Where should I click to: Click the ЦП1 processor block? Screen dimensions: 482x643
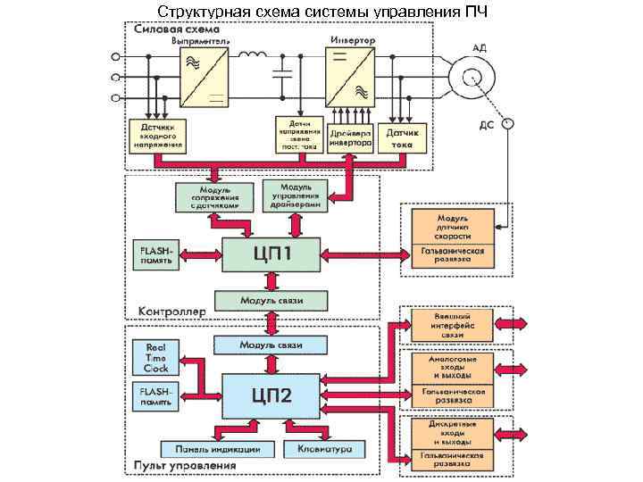pos(271,255)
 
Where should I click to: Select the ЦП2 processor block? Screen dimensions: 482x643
pos(271,394)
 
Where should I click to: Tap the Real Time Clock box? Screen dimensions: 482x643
pos(155,356)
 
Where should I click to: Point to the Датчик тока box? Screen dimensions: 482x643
pos(402,136)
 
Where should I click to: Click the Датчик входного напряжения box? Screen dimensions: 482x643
pos(157,136)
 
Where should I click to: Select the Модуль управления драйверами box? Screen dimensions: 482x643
pos(296,195)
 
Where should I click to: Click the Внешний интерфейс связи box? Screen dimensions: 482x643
pos(452,325)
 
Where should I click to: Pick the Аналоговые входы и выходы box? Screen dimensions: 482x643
pos(452,366)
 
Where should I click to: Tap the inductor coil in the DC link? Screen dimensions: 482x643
pos(252,57)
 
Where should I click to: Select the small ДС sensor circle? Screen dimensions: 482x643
pos(506,124)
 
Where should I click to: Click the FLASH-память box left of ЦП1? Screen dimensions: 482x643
pos(155,255)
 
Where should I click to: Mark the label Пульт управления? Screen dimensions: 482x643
pos(185,465)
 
